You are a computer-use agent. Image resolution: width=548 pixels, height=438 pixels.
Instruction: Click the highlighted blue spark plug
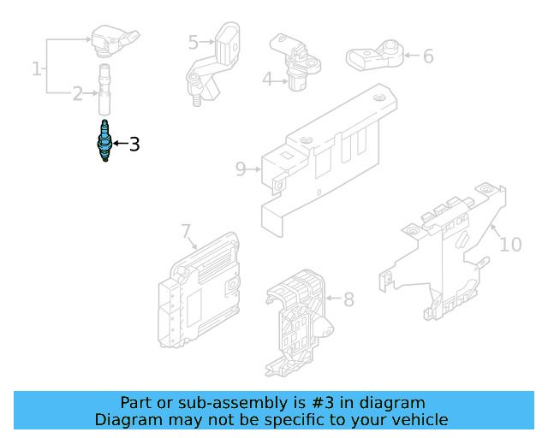point(105,142)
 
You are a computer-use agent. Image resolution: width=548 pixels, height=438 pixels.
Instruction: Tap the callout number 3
point(134,145)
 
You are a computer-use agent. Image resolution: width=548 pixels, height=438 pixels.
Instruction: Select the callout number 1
point(37,68)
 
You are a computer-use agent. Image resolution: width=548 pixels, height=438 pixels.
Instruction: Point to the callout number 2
point(77,93)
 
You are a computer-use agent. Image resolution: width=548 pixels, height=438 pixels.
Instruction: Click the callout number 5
point(194,41)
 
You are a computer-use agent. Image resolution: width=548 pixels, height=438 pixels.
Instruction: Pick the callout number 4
point(267,80)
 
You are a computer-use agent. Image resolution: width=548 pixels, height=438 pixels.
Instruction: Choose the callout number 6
point(428,56)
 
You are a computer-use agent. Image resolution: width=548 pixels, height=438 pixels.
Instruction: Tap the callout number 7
point(185,230)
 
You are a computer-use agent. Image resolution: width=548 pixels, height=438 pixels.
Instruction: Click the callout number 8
point(348,299)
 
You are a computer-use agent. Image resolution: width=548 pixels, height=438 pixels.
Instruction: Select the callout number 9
point(241,169)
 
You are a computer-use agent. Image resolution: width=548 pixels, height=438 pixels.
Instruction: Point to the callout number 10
point(509,245)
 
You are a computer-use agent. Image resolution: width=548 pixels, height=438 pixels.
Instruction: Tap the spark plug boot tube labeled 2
point(104,89)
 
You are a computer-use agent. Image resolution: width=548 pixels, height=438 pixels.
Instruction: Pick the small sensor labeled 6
point(373,56)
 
